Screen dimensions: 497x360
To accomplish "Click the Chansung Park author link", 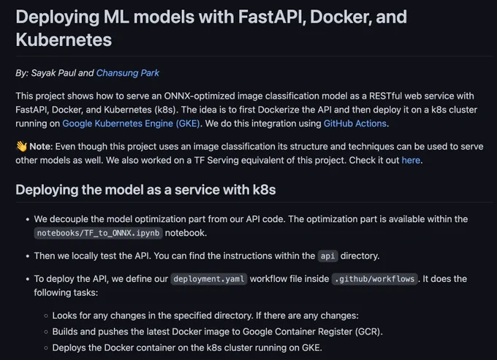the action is (x=128, y=73).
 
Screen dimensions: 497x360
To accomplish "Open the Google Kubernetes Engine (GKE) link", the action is (x=131, y=123).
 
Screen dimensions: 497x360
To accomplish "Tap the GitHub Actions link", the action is (x=355, y=123).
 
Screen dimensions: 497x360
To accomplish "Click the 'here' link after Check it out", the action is (x=411, y=160).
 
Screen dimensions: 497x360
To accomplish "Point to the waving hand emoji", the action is (x=21, y=146).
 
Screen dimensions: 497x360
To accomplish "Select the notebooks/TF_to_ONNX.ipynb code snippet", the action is (x=98, y=233).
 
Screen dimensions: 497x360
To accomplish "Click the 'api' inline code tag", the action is (x=327, y=256).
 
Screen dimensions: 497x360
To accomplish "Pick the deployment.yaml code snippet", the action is (x=209, y=279).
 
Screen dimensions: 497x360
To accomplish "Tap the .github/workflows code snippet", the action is (x=375, y=279).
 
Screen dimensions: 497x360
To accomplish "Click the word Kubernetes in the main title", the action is (x=64, y=40).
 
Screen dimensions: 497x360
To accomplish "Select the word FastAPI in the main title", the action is (x=272, y=17).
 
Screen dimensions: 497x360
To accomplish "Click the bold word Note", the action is (x=41, y=147).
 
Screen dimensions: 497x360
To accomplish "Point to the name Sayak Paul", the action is (x=53, y=73).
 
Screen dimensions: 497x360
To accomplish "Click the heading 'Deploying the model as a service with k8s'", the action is (x=145, y=190).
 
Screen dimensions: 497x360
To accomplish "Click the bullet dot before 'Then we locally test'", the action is (x=28, y=256).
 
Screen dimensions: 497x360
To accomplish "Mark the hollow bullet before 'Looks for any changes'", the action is (x=46, y=315).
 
